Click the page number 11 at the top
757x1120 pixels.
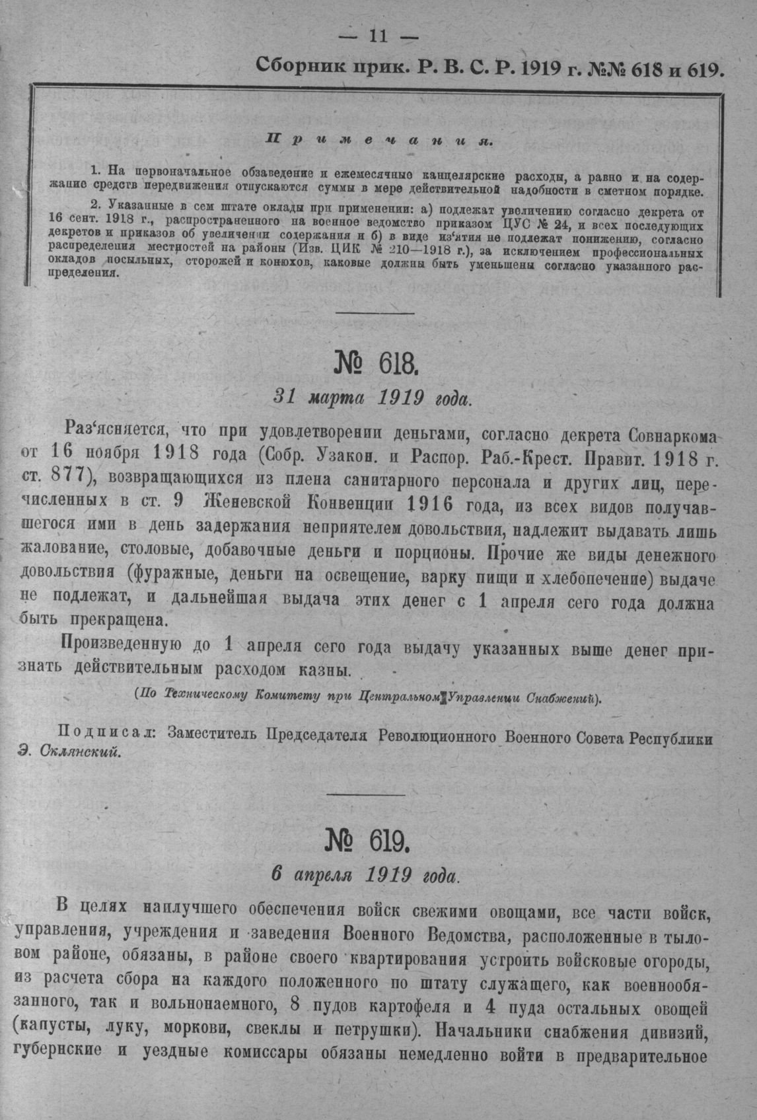[378, 36]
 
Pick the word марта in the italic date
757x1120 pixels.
[336, 398]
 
